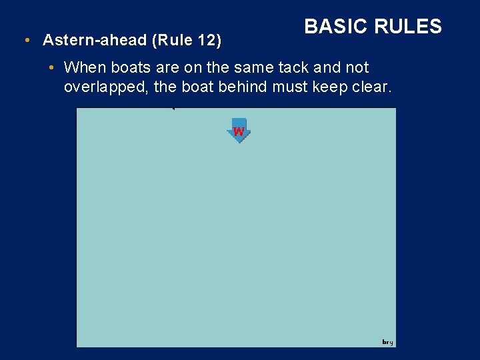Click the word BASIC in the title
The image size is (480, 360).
click(337, 26)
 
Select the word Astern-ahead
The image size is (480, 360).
click(95, 40)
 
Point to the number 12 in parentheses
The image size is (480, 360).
click(207, 40)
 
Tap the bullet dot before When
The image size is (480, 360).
click(52, 68)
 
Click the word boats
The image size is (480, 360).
click(127, 68)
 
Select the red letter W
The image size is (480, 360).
click(239, 131)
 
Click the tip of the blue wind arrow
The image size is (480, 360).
click(239, 142)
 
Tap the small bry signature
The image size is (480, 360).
click(387, 342)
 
